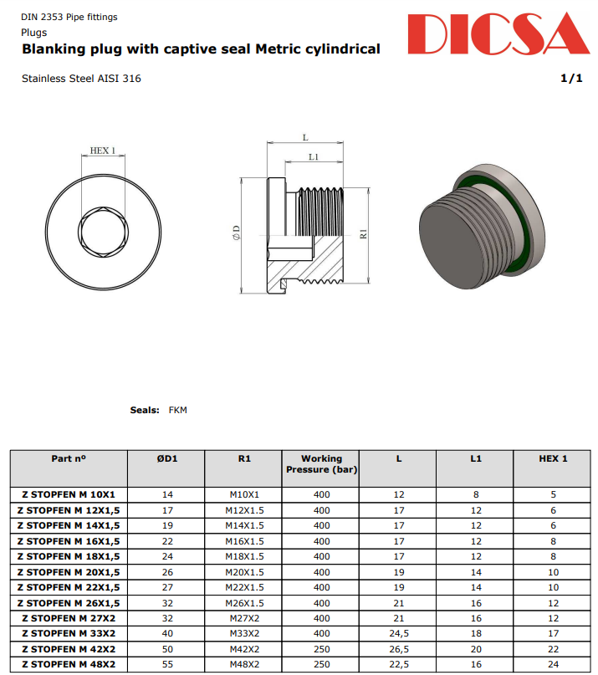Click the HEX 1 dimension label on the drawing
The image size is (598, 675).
pyautogui.click(x=103, y=151)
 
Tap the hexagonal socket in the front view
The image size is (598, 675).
pyautogui.click(x=103, y=228)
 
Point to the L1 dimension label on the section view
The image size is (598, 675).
pyautogui.click(x=314, y=156)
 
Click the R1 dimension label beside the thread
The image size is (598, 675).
pyautogui.click(x=364, y=235)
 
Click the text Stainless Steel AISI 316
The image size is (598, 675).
pyautogui.click(x=81, y=79)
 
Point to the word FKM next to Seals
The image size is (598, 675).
pyautogui.click(x=178, y=410)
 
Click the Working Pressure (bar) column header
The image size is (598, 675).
pyautogui.click(x=322, y=464)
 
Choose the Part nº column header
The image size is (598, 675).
pyautogui.click(x=69, y=458)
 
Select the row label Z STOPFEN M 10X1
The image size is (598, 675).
pyautogui.click(x=69, y=494)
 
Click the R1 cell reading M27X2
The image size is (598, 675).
pyautogui.click(x=243, y=618)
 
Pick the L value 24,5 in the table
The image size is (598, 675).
pyautogui.click(x=399, y=633)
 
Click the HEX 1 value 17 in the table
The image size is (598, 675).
pyautogui.click(x=553, y=633)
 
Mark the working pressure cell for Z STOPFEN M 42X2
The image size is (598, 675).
pyautogui.click(x=322, y=649)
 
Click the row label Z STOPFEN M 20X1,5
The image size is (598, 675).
pyautogui.click(x=69, y=572)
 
